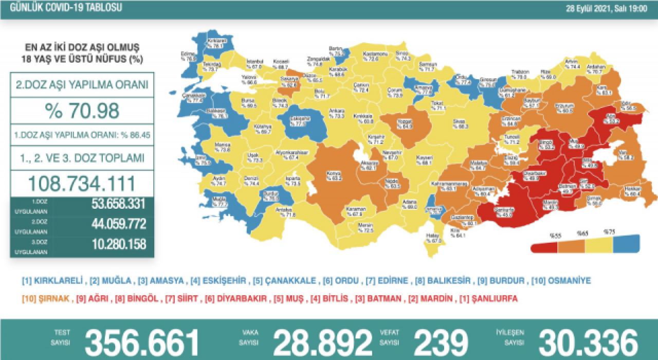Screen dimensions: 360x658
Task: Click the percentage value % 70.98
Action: pyautogui.click(x=82, y=111)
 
